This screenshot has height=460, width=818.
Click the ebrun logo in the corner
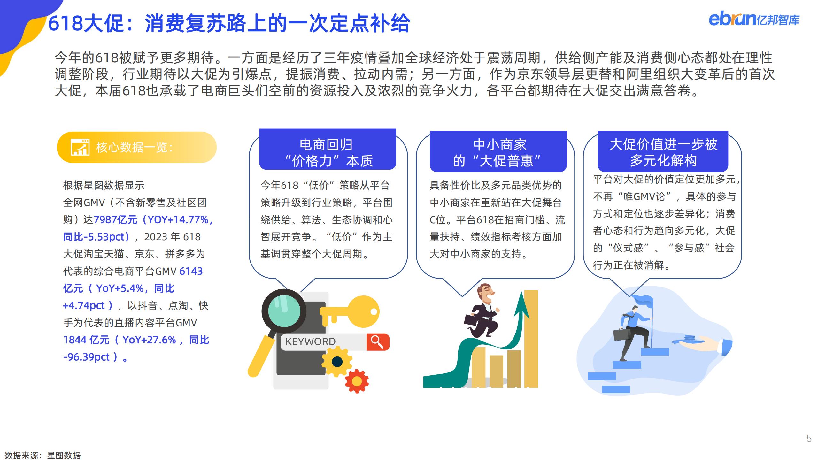[x=754, y=19]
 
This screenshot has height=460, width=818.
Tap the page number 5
[x=809, y=439]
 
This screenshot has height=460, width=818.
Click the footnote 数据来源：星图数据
[x=42, y=455]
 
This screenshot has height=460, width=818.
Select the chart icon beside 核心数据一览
[x=80, y=147]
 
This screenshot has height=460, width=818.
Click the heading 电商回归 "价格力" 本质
[x=328, y=153]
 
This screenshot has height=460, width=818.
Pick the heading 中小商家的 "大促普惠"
[x=498, y=153]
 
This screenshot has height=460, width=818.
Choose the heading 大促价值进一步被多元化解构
[x=663, y=152]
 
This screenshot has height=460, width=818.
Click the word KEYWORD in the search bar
[x=310, y=341]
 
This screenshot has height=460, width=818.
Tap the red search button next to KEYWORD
[x=378, y=342]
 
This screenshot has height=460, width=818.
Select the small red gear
[x=357, y=381]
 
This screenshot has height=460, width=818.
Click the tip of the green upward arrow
[x=522, y=291]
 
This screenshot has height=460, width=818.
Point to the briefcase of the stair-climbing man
[x=621, y=335]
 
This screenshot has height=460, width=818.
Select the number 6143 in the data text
[x=191, y=271]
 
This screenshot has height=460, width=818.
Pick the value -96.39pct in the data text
[x=86, y=357]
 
